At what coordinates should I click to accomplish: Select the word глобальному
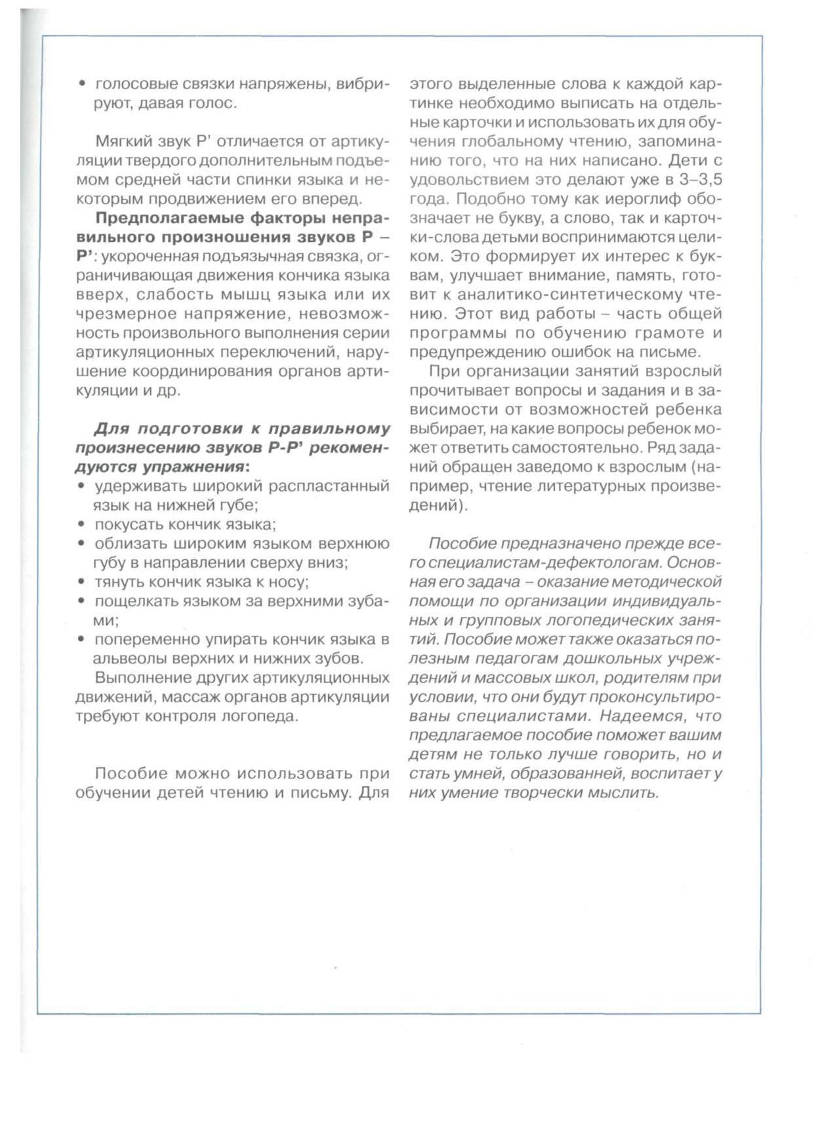coord(504,142)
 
